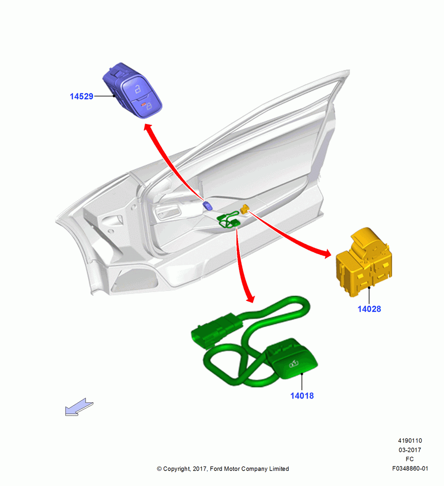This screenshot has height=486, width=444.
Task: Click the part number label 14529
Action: coord(81,96)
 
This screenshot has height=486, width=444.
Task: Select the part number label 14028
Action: coord(369,309)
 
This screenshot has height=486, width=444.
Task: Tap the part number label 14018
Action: coord(302,396)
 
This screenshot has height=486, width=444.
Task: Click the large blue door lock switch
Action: coord(133,90)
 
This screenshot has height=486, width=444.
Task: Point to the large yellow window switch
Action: coord(364,262)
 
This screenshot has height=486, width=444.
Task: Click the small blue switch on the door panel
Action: coord(207,206)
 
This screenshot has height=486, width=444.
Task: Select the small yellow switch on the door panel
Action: coord(245,209)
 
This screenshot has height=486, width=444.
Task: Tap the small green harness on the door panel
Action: coord(229,220)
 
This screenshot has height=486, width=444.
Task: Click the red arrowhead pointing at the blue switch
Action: coord(148,128)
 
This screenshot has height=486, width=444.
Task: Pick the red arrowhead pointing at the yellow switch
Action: coord(327,254)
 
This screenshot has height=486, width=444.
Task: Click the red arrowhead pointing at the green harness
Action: coord(250,298)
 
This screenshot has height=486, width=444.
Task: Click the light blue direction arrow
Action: coord(79,407)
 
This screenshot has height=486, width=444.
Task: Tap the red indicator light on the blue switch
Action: coord(144,105)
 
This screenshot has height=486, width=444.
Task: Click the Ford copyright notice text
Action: coord(223,469)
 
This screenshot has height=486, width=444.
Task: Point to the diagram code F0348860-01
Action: coord(410,469)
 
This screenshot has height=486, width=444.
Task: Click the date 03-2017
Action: coord(410,450)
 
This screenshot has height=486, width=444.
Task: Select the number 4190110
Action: coord(410,440)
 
